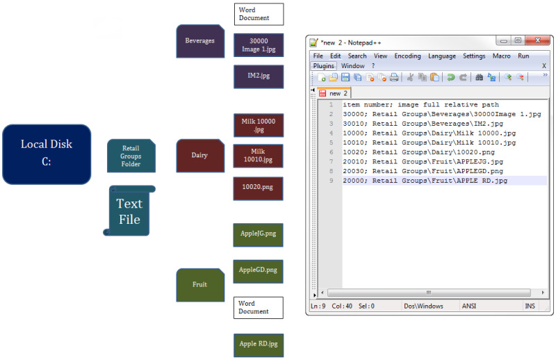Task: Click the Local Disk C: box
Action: (47, 154)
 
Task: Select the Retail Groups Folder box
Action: (131, 156)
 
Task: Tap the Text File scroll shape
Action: (129, 211)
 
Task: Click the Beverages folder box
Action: (200, 41)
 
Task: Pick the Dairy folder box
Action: (200, 156)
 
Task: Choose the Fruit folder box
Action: (200, 285)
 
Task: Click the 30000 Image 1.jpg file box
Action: (258, 44)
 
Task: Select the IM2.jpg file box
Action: (258, 76)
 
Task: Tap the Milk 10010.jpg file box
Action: (258, 156)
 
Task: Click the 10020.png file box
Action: (258, 188)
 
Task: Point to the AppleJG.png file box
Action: (258, 234)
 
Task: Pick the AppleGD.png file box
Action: (258, 270)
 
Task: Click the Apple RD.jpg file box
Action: (258, 345)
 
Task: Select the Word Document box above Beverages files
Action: (258, 14)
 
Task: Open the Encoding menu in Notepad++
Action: (407, 56)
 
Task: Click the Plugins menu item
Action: (323, 65)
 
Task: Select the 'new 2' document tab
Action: (336, 92)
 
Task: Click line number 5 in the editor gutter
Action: (332, 142)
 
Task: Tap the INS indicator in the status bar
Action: (530, 306)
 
